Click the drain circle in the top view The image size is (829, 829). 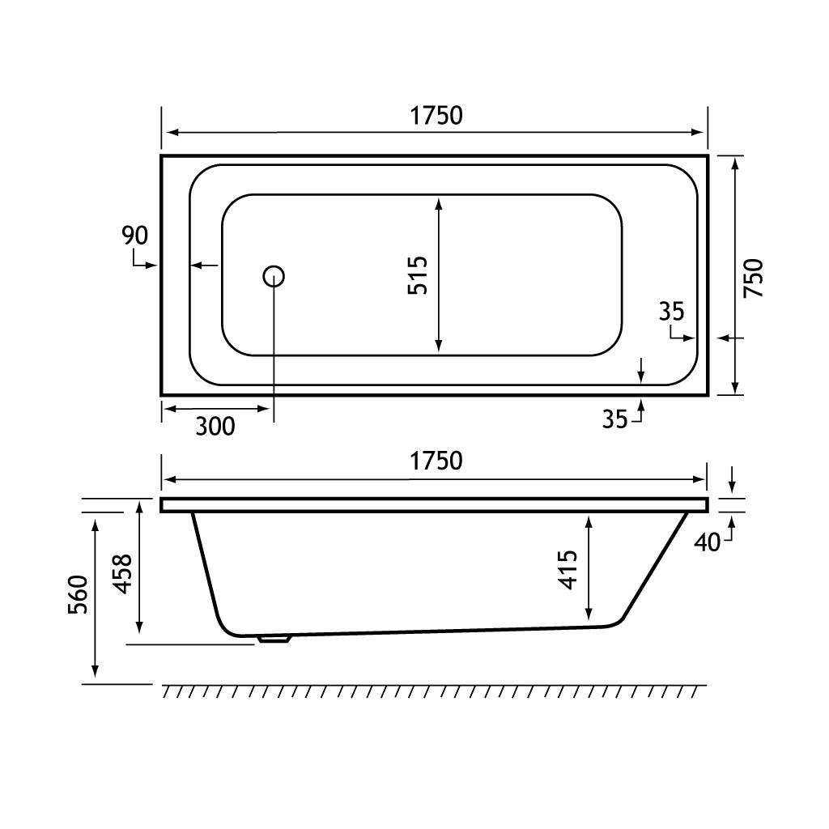point(274,276)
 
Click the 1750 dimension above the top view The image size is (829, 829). point(436,116)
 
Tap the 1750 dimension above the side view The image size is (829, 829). point(436,461)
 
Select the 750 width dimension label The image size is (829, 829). point(754,278)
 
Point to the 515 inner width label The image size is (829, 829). point(418,275)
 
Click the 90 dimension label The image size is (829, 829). point(135,236)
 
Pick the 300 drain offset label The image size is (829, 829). point(215,426)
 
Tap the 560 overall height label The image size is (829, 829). point(79,594)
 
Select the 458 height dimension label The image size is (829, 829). point(123,574)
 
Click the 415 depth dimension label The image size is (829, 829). point(568,570)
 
